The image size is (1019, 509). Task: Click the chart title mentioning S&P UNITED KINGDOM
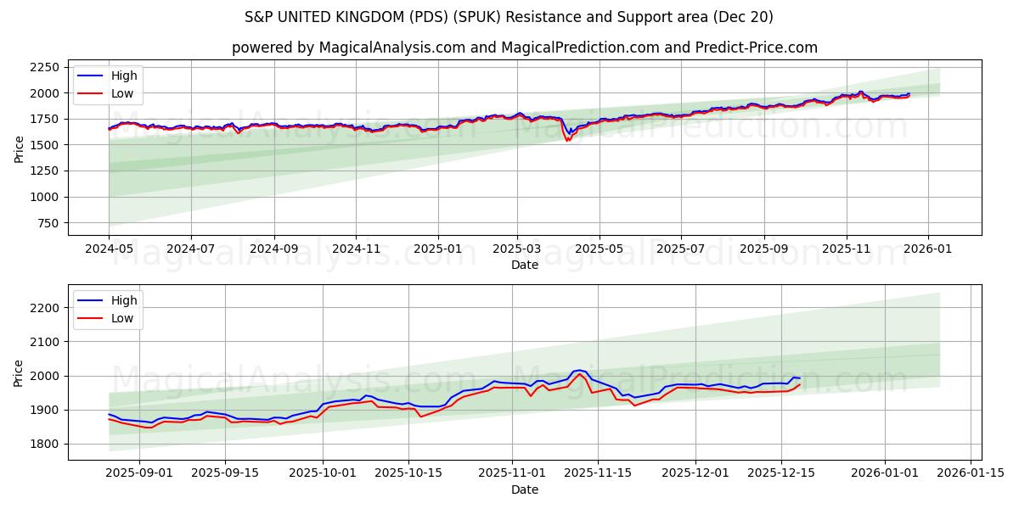click(x=509, y=17)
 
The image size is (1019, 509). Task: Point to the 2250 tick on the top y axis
click(x=43, y=67)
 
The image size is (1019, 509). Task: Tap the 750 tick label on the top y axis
click(x=47, y=223)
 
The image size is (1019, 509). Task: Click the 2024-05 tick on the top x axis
click(x=109, y=249)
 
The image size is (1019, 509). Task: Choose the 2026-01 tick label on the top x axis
click(x=927, y=249)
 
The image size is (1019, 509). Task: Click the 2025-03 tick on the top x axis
click(x=517, y=249)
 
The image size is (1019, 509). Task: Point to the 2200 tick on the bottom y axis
click(x=43, y=308)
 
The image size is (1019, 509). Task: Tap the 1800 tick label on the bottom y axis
click(x=43, y=444)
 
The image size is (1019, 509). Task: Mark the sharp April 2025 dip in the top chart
click(x=567, y=138)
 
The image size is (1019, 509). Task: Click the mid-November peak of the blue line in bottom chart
click(x=579, y=370)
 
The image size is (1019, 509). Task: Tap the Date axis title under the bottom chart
click(x=524, y=489)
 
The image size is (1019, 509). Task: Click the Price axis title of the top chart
click(x=19, y=148)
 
